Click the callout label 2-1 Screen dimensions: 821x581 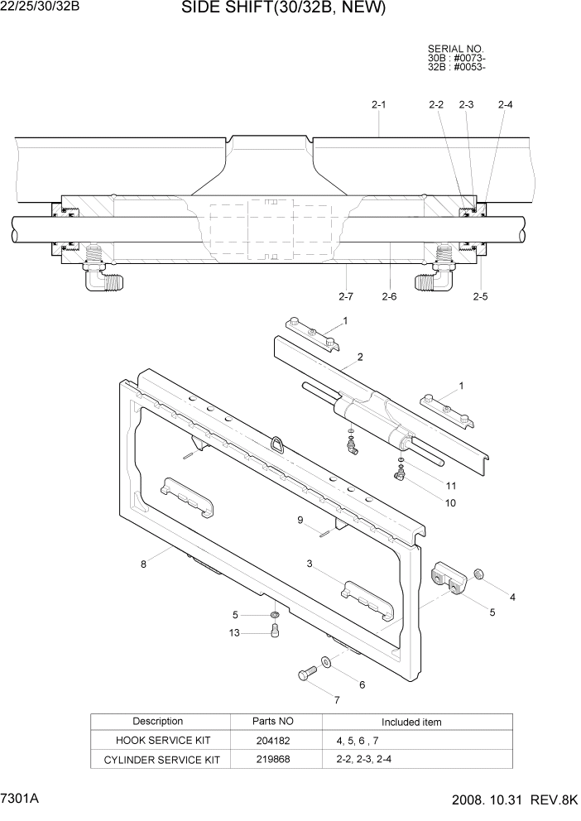click(x=379, y=105)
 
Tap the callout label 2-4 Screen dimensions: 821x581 click(x=505, y=105)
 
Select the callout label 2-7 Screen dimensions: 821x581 click(x=346, y=296)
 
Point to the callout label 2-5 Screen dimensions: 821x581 click(x=480, y=296)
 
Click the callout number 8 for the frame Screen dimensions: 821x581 click(x=143, y=564)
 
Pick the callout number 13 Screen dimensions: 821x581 click(x=234, y=633)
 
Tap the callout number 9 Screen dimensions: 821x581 click(x=300, y=520)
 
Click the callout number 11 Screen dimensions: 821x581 click(x=451, y=485)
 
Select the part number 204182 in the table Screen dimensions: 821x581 click(x=271, y=742)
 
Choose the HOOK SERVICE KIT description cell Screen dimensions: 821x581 click(x=158, y=742)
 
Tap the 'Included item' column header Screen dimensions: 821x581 click(x=411, y=722)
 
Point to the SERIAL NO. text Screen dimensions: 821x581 click(x=456, y=50)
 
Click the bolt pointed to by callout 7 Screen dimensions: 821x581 click(x=307, y=674)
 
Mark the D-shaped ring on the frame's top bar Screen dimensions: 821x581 click(x=275, y=444)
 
